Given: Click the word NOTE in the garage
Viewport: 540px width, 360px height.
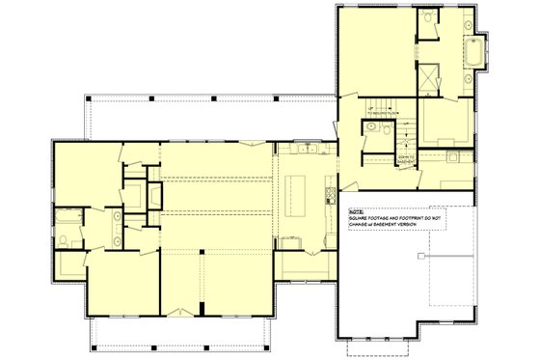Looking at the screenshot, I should [354, 209].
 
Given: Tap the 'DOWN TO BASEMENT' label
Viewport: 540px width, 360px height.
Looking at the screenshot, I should [406, 156].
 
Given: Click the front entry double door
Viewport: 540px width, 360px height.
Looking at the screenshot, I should [180, 311].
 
